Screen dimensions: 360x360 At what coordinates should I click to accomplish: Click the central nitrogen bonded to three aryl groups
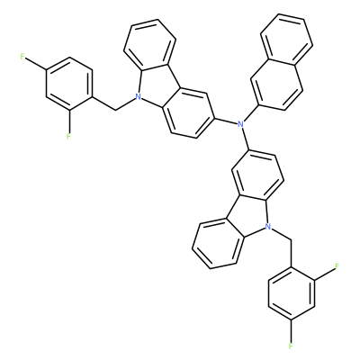point(239,123)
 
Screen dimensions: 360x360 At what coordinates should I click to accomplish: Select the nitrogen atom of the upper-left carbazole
point(138,96)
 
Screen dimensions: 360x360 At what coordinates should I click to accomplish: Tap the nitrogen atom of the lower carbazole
point(269,227)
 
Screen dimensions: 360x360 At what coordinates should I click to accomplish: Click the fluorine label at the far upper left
point(22,57)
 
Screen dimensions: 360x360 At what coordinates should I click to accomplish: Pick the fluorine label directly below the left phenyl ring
point(68,137)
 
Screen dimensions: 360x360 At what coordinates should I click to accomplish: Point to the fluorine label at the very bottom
point(291,346)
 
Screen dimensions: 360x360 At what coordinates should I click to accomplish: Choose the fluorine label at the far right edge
point(337,266)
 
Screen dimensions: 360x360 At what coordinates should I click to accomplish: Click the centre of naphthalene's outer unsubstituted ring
point(287,40)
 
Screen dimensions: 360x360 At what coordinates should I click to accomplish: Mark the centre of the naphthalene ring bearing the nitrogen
point(276,85)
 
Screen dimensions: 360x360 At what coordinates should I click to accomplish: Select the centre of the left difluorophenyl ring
point(69,84)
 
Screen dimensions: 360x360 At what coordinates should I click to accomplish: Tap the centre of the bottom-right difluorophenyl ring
point(291,293)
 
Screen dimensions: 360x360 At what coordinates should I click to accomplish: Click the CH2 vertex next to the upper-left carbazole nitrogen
point(116,110)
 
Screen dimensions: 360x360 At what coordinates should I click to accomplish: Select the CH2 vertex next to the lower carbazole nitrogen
point(291,239)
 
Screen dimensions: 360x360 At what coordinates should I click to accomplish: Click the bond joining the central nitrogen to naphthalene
point(251,114)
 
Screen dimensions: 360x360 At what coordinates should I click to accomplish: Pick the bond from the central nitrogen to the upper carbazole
point(226,120)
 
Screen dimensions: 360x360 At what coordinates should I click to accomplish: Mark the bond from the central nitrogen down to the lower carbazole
point(245,139)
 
